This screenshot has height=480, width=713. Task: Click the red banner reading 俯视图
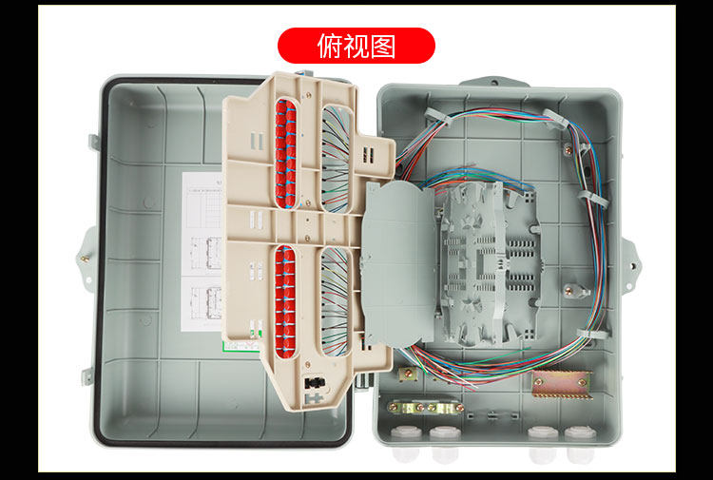pyautogui.click(x=356, y=46)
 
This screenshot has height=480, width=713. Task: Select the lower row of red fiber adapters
pyautogui.click(x=285, y=299)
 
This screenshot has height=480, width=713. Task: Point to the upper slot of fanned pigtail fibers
pyautogui.click(x=335, y=158)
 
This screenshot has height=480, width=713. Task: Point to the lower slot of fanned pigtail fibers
pyautogui.click(x=336, y=298)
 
